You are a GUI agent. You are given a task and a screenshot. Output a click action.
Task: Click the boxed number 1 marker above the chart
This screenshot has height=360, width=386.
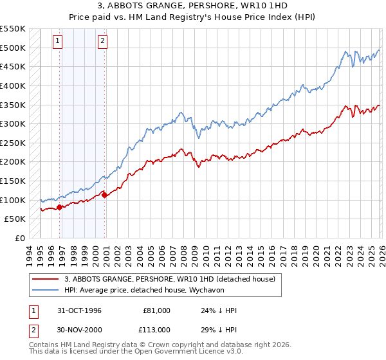[x=57, y=41]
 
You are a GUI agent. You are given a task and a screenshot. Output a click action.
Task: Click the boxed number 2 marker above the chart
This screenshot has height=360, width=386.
[x=102, y=41]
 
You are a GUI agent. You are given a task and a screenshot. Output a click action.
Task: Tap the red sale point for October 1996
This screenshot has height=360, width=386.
[x=60, y=207]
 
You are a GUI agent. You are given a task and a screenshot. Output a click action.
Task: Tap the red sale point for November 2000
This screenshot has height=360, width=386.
[x=105, y=195]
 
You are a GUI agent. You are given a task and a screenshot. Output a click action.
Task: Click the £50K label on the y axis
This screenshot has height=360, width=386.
[x=15, y=219]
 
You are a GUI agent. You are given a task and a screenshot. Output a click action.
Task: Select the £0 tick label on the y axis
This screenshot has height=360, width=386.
[x=21, y=238]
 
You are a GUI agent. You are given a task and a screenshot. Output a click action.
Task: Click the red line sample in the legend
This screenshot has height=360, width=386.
[x=45, y=279]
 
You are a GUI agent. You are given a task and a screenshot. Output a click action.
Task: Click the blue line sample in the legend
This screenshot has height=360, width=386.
[x=45, y=290]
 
